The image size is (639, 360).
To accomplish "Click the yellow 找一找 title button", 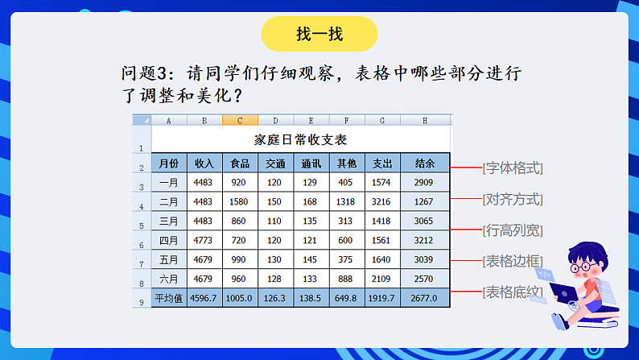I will click(319, 35).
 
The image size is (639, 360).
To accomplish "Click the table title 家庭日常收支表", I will click(300, 139).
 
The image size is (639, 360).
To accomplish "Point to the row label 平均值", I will click(169, 298).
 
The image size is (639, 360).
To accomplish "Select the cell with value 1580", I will click(239, 201).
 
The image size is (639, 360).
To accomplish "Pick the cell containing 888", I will click(346, 279).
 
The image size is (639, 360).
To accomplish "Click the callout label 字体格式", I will click(513, 168).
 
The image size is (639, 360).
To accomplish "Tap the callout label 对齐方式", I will click(513, 199).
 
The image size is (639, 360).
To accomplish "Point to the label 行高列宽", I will click(513, 230).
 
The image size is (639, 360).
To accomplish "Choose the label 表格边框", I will click(513, 261).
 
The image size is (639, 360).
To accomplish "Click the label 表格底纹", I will click(513, 292).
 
